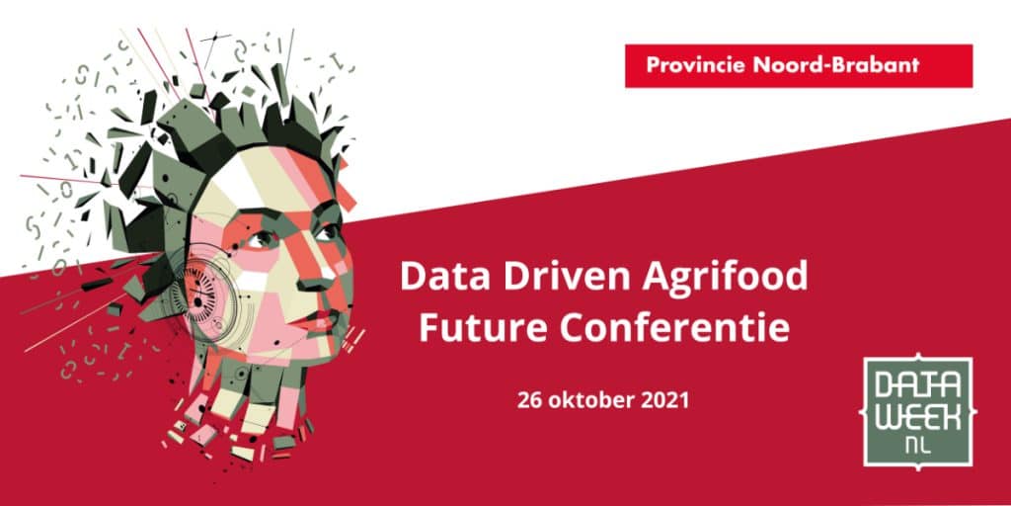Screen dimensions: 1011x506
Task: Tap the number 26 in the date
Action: point(529,400)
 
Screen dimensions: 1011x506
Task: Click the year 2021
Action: point(666,400)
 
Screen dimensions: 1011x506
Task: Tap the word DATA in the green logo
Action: point(917,386)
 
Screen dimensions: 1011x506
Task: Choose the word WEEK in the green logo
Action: point(917,418)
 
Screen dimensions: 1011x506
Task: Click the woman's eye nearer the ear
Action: point(262,240)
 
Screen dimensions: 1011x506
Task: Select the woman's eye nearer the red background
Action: point(327,232)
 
